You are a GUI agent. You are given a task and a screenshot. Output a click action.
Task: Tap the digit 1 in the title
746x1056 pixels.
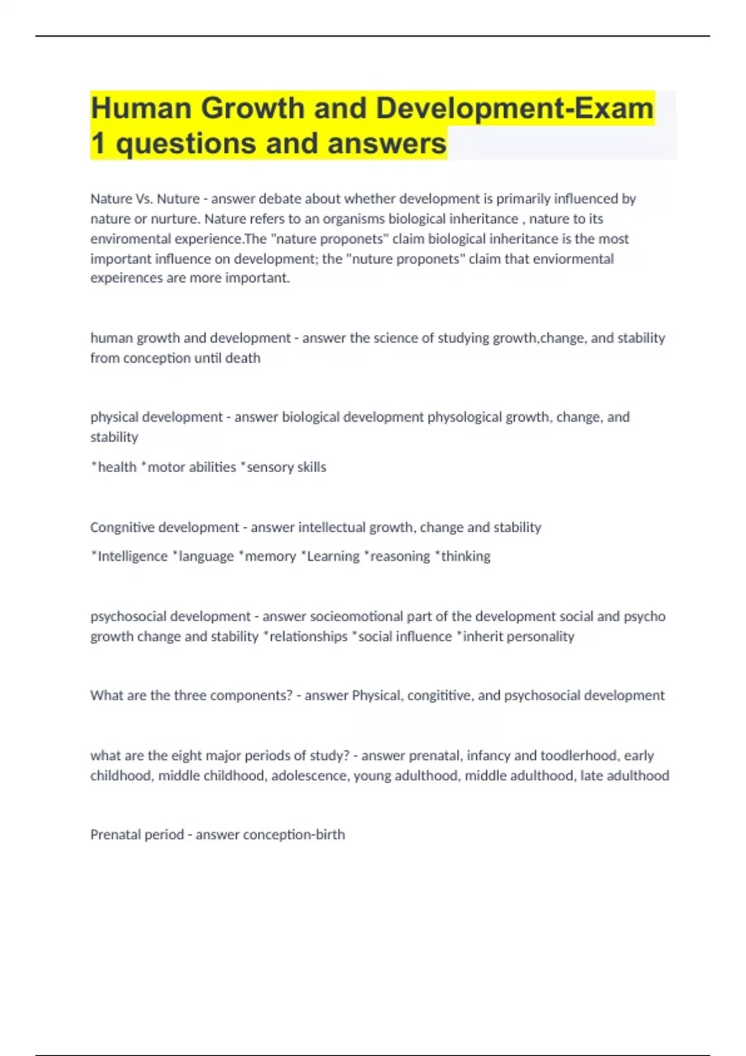[x=98, y=143]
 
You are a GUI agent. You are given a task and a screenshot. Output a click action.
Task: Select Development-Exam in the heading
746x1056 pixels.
[x=514, y=108]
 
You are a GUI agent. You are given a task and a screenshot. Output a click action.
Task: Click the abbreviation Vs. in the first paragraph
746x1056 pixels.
[x=143, y=199]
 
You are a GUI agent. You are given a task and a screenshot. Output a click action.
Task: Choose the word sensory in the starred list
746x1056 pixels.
[x=269, y=467]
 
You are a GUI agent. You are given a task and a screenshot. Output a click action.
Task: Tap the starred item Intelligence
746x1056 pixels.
[x=132, y=556]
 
